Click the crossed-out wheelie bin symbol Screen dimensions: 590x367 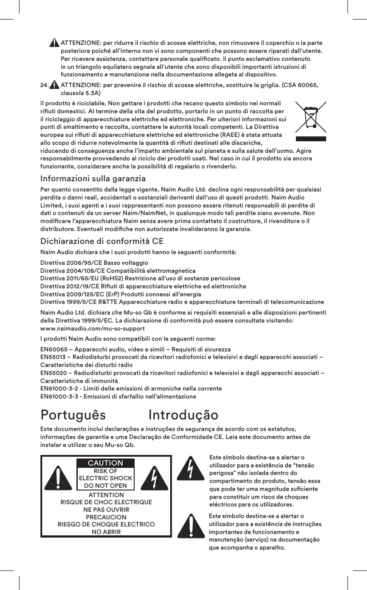coord(310,119)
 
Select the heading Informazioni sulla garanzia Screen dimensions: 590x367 coord(93,179)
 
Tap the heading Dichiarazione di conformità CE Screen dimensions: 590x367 coord(102,242)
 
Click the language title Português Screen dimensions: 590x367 coord(73,415)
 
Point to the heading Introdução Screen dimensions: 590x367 coord(183,415)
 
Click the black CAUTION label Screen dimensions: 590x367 coord(105,463)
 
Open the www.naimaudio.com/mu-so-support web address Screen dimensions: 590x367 coord(92,329)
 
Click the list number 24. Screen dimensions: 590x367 coord(44,85)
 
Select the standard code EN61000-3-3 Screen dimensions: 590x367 coord(60,396)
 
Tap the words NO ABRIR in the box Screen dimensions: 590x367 coord(106,532)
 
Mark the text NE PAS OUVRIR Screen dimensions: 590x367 coord(106,510)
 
